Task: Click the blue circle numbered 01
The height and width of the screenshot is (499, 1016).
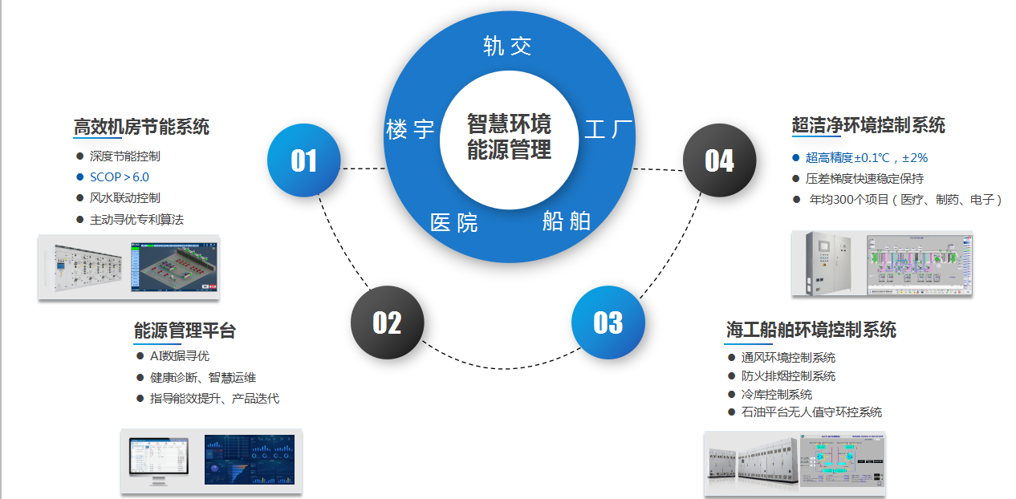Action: click(x=303, y=160)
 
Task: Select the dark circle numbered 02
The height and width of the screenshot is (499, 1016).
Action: click(x=387, y=323)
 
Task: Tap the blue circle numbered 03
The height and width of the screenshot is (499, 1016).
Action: click(x=608, y=323)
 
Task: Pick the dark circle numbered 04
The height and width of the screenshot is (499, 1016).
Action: click(x=719, y=160)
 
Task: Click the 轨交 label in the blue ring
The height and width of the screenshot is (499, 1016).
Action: click(x=507, y=46)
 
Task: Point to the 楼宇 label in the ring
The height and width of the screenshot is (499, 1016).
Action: click(x=410, y=128)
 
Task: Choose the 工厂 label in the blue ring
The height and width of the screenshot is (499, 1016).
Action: click(x=608, y=128)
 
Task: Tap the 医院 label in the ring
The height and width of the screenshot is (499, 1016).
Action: click(x=453, y=222)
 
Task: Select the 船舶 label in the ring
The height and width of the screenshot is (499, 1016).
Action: click(x=566, y=221)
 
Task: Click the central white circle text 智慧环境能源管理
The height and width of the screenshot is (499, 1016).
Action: click(x=509, y=137)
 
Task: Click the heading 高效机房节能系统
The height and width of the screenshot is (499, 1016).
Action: click(x=141, y=126)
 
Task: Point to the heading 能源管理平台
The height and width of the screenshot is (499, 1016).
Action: click(x=185, y=331)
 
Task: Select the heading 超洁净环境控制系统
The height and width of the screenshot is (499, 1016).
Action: click(x=868, y=125)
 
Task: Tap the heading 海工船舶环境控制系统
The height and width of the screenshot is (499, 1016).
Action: click(x=811, y=329)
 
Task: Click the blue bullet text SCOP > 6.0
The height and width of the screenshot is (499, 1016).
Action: click(x=119, y=177)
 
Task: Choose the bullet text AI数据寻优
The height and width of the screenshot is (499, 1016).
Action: click(x=179, y=355)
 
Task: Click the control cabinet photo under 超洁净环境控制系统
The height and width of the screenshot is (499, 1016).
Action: click(x=824, y=262)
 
